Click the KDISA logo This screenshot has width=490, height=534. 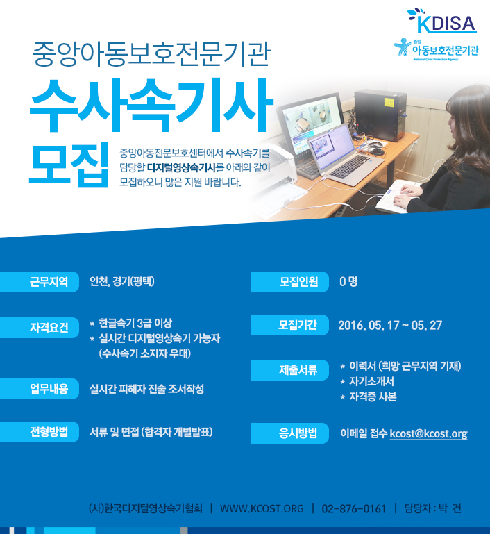click(442, 21)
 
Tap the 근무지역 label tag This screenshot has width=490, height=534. click(40, 282)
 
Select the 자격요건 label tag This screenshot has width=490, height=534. click(40, 327)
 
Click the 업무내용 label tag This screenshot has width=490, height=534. click(40, 389)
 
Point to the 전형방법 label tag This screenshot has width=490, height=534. click(40, 432)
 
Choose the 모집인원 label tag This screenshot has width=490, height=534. click(289, 282)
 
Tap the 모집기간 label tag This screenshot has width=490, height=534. click(289, 325)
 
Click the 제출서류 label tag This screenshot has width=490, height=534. click(289, 370)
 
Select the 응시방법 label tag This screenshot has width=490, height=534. click(289, 433)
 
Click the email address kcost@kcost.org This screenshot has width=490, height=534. click(428, 433)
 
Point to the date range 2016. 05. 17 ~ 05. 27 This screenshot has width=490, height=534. click(390, 325)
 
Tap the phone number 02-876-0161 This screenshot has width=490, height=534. click(354, 509)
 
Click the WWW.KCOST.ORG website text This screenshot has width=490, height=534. click(262, 509)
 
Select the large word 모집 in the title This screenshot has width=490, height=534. click(69, 165)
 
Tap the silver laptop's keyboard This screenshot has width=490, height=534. click(350, 167)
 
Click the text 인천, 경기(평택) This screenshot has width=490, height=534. click(122, 282)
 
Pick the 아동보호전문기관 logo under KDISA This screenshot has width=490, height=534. click(437, 50)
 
